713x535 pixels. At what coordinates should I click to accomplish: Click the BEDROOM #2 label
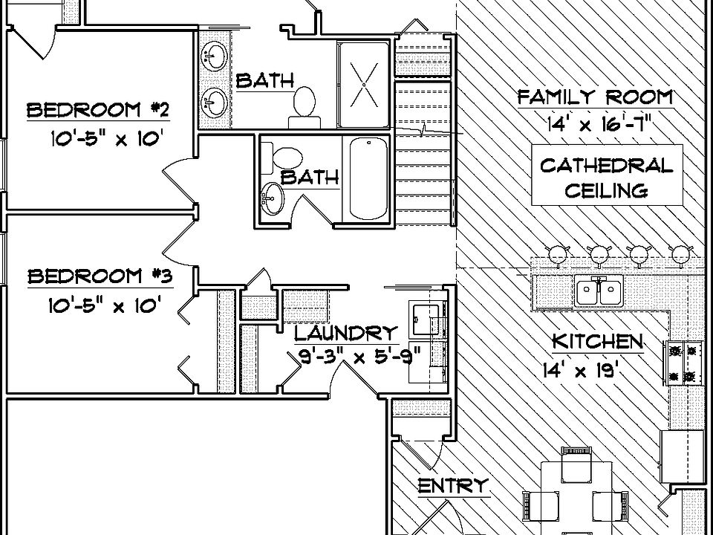pyautogui.click(x=98, y=111)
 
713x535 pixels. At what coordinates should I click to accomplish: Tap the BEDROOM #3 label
pyautogui.click(x=100, y=277)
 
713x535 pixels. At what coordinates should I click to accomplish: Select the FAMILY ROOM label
pyautogui.click(x=595, y=97)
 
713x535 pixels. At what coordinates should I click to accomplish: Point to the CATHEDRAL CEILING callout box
pyautogui.click(x=606, y=177)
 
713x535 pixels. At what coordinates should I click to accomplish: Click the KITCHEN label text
pyautogui.click(x=596, y=341)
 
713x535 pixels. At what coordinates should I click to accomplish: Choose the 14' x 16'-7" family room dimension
pyautogui.click(x=600, y=123)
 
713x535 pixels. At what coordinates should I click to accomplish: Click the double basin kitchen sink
pyautogui.click(x=599, y=291)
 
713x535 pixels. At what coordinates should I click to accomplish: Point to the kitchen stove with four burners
pyautogui.click(x=685, y=363)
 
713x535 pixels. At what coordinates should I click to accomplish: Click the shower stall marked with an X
pyautogui.click(x=363, y=85)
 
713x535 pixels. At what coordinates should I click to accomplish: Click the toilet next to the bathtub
pyautogui.click(x=287, y=157)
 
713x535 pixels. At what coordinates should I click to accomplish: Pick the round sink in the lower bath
pyautogui.click(x=271, y=199)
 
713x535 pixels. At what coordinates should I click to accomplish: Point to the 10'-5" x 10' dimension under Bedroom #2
pyautogui.click(x=105, y=138)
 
